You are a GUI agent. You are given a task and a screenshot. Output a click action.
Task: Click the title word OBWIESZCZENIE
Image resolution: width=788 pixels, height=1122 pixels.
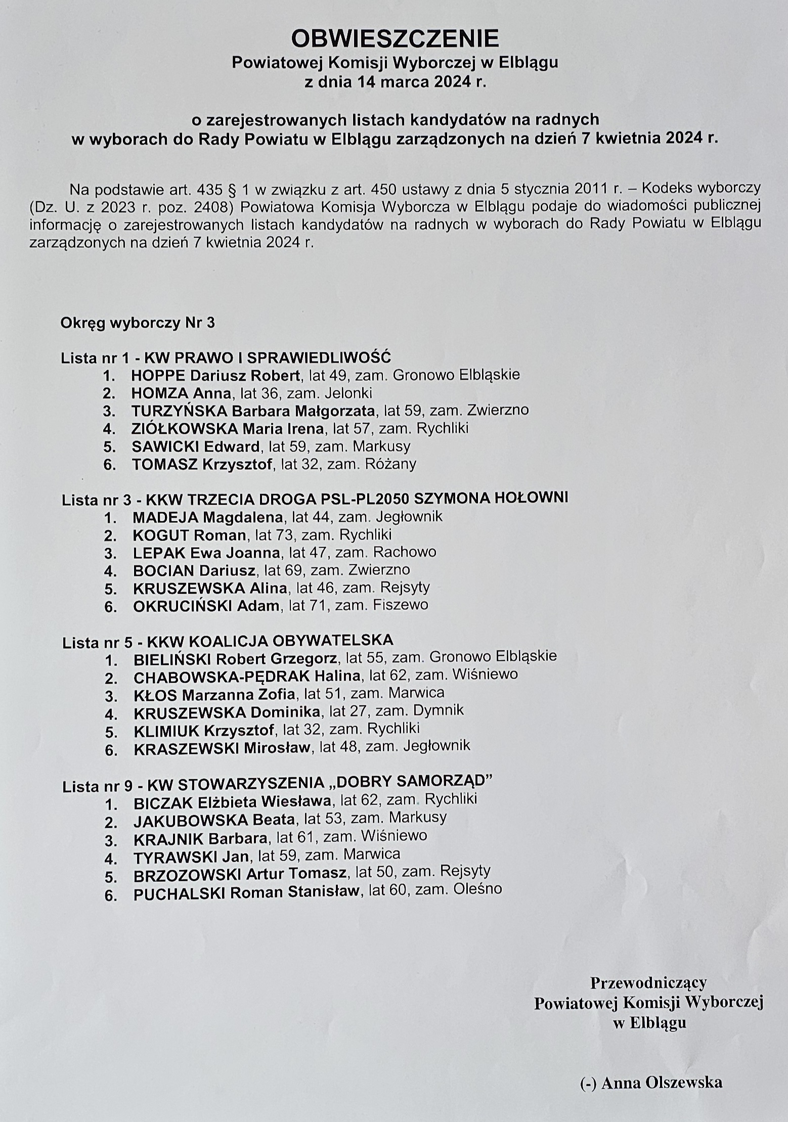[395, 38]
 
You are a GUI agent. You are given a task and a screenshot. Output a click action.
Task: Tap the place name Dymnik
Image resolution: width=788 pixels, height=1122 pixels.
[438, 711]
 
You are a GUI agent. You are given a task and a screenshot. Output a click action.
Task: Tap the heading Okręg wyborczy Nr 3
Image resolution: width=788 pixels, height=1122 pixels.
[138, 323]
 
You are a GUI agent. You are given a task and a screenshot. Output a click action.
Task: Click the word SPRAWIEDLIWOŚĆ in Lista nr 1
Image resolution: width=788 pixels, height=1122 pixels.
[319, 358]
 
